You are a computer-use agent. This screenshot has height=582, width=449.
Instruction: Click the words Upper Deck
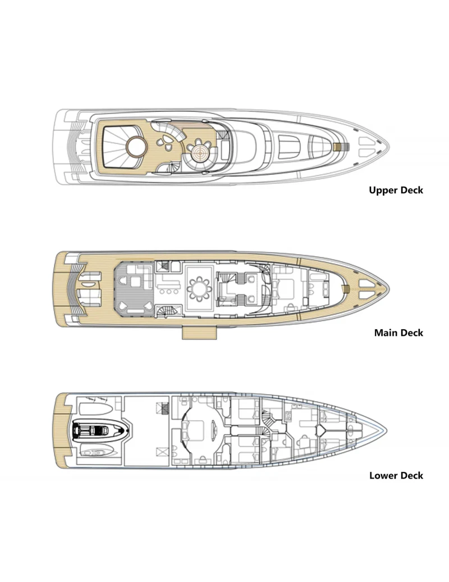tap(396, 190)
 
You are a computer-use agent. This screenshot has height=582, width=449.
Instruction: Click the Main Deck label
tap(398, 333)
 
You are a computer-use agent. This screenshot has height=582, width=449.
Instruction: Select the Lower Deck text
tap(396, 475)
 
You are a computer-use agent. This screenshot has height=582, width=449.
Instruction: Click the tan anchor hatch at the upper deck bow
tap(338, 147)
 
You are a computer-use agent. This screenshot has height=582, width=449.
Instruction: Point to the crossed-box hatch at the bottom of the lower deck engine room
tap(163, 451)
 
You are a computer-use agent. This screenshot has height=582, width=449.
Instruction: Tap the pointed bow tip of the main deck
tap(384, 289)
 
